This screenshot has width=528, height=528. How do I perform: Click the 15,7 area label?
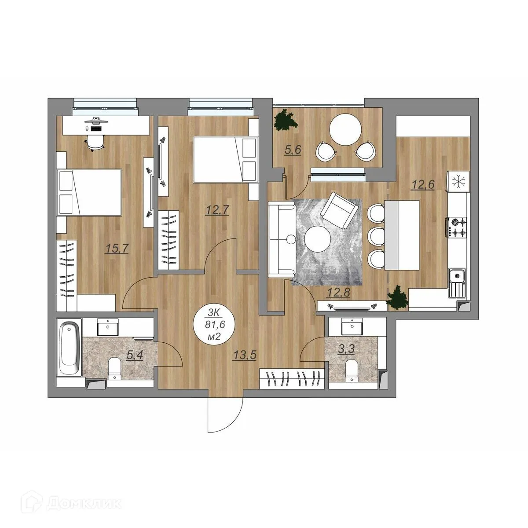point(117,249)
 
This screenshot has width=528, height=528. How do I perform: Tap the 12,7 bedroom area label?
point(217,210)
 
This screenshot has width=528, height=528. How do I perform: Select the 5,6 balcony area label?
point(293,150)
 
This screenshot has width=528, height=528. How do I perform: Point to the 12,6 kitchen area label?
point(422,185)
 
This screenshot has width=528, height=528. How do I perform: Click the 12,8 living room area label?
point(339,293)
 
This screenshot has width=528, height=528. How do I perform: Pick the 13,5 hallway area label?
point(245,356)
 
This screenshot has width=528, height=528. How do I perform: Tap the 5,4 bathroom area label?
point(135,356)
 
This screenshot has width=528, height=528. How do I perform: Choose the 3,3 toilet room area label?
point(346,349)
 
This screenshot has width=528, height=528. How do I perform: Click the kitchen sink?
point(457,286)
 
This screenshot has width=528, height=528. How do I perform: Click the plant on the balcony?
point(286,120)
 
